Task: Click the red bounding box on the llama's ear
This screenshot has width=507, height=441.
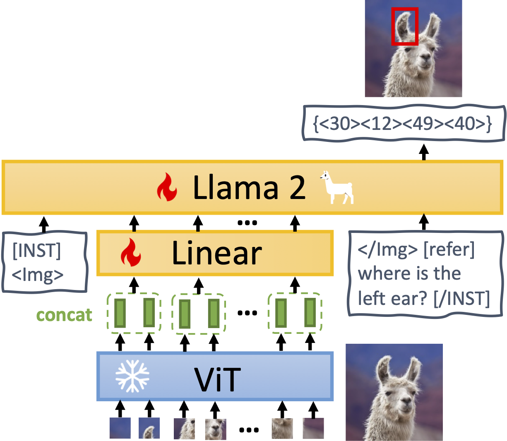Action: click(405, 26)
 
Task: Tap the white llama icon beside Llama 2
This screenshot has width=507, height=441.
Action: click(336, 188)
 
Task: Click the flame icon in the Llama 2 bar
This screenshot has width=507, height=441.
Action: click(167, 187)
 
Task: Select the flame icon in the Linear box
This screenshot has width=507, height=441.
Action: click(130, 252)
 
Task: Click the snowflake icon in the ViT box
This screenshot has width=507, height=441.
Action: click(132, 376)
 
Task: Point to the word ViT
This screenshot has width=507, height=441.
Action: click(217, 379)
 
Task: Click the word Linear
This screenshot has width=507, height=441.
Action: click(216, 253)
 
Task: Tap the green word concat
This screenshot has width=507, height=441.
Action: click(64, 315)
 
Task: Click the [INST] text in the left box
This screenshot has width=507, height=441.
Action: click(36, 251)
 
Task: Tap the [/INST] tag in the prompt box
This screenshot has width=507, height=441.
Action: click(461, 298)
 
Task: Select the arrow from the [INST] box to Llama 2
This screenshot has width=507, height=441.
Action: click(44, 223)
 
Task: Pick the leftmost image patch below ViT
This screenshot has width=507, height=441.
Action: click(120, 428)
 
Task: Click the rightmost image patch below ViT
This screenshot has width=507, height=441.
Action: click(313, 428)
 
